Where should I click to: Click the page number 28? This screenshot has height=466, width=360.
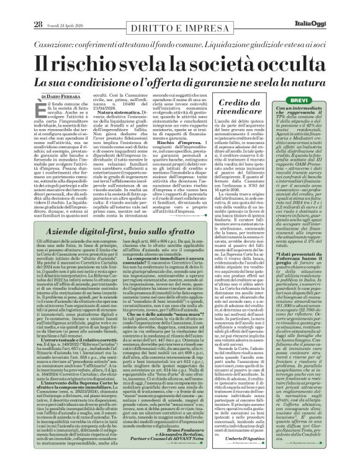coord(20,7)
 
